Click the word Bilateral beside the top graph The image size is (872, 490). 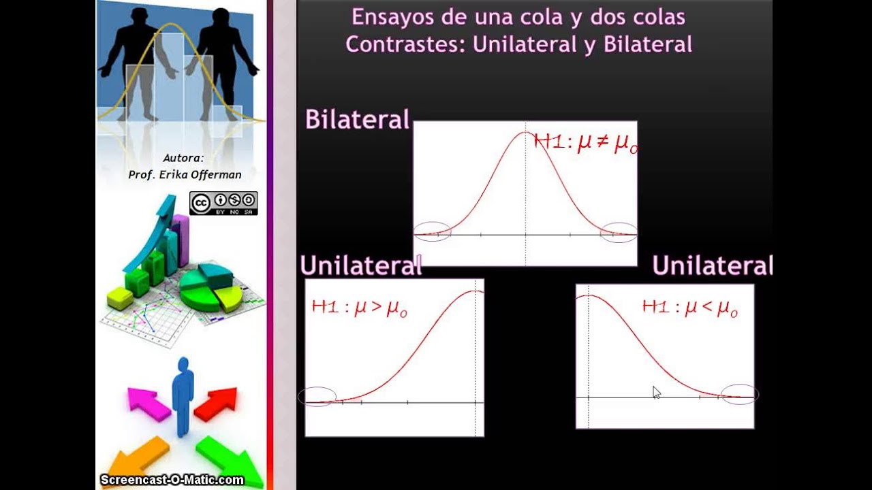click(357, 120)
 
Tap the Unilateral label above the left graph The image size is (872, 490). click(360, 266)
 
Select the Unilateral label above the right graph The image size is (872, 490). click(712, 266)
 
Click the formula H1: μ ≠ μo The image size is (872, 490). click(585, 144)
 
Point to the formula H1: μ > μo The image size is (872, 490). click(359, 308)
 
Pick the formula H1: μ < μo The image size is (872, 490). click(689, 308)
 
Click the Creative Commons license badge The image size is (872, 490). click(223, 203)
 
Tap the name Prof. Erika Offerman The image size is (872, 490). click(185, 175)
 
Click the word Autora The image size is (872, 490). click(183, 159)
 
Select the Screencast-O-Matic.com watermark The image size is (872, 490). click(172, 480)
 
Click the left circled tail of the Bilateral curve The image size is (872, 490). click(432, 232)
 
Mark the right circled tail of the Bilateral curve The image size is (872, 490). click(618, 233)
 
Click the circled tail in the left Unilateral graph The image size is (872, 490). click(317, 396)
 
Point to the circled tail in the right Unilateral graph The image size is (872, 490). click(739, 395)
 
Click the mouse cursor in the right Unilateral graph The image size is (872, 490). click(655, 392)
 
